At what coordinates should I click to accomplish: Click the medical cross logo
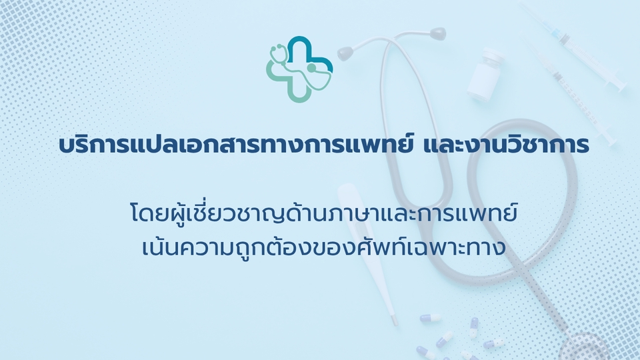299,69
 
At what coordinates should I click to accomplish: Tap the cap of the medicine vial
493,55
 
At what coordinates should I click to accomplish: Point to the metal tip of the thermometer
393,320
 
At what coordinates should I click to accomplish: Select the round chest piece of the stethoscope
585,347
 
